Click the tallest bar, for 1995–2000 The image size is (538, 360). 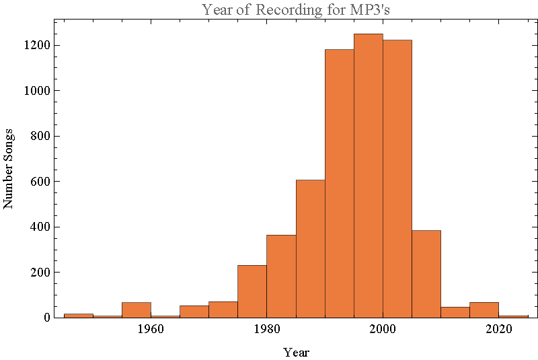(369, 175)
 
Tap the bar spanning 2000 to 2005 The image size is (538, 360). (397, 178)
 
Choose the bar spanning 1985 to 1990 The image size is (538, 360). (311, 248)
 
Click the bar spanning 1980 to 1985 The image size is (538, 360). (282, 276)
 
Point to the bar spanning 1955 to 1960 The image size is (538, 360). (137, 310)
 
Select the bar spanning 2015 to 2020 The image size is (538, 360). (484, 310)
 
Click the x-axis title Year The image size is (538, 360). (296, 352)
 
